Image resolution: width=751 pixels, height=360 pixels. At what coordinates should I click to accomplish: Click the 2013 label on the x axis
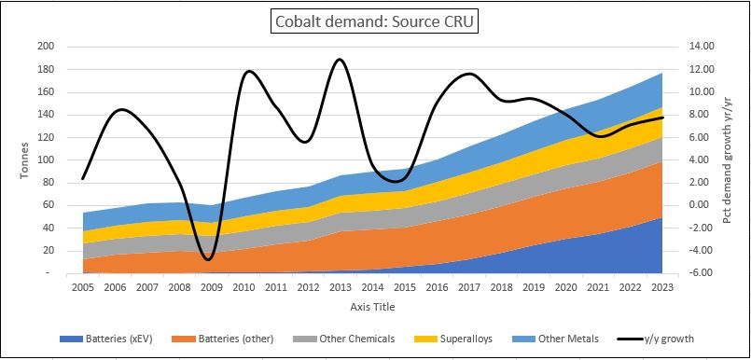coord(340,288)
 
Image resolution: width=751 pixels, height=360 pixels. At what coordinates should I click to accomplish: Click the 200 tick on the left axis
coord(46,47)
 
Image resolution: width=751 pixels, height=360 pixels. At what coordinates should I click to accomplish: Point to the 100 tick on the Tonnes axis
coord(46,159)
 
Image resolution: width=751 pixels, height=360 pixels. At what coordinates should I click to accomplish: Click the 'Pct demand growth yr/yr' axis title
coord(730,159)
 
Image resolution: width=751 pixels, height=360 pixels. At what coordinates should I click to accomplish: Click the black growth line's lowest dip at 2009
coord(210,258)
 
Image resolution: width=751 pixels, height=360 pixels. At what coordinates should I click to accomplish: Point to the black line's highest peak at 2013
coord(340,60)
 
